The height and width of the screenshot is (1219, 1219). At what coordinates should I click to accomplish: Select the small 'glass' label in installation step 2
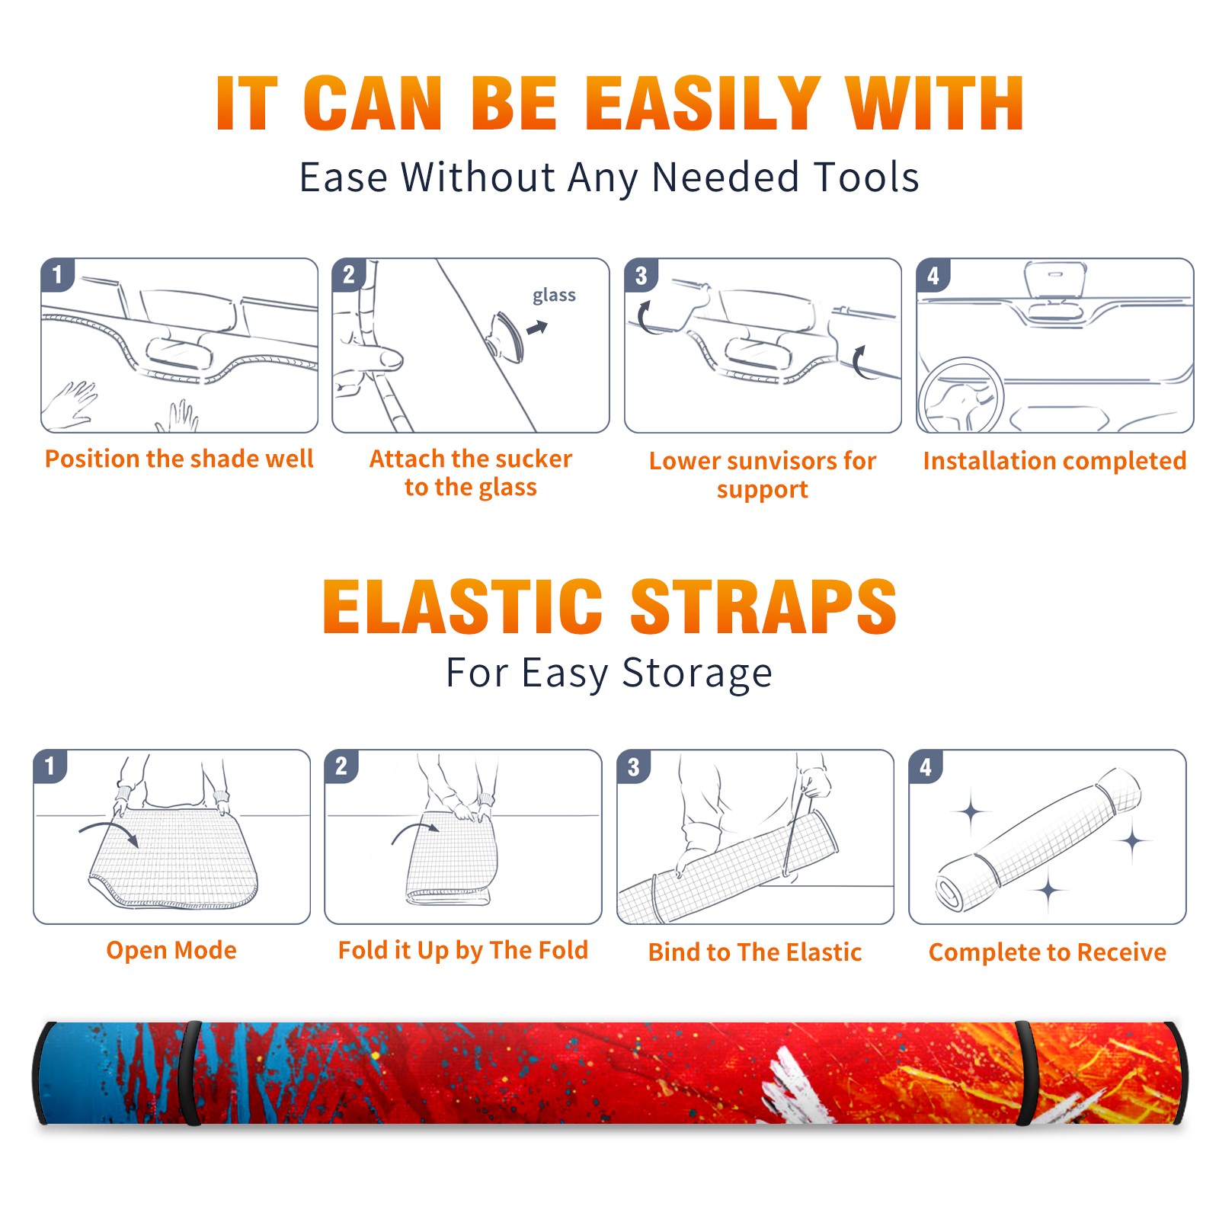[x=554, y=296]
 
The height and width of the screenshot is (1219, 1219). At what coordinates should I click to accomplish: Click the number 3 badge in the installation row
[x=640, y=275]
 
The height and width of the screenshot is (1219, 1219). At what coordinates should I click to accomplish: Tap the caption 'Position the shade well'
[x=179, y=459]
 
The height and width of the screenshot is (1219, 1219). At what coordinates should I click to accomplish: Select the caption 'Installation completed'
[x=1054, y=461]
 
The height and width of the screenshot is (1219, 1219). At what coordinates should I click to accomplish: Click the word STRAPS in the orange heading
[x=763, y=606]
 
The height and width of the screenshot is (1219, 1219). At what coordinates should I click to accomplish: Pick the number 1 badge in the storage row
[x=50, y=766]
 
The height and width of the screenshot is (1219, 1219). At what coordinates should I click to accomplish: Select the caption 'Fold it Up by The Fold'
[x=463, y=950]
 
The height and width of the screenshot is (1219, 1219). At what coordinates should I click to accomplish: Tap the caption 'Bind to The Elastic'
[x=755, y=952]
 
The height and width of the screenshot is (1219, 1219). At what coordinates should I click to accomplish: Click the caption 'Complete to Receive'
[x=1048, y=952]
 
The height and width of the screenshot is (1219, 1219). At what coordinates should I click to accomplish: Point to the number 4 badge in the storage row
[x=926, y=766]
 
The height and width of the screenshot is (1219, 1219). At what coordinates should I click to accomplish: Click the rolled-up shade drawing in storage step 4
[x=1038, y=839]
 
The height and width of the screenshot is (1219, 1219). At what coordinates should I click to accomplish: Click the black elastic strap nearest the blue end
[x=190, y=1073]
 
